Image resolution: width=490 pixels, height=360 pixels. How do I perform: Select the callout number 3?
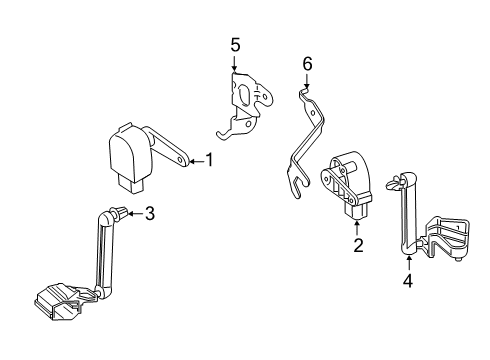[149, 212]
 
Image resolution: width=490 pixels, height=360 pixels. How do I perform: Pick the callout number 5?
[235, 45]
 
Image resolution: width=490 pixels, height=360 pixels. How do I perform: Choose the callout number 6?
[307, 64]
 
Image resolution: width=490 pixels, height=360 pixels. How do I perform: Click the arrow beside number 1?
[196, 159]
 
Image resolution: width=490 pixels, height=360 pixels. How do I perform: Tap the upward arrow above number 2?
[357, 225]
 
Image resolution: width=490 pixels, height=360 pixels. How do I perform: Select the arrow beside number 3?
[136, 212]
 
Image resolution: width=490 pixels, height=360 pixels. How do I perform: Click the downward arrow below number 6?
[307, 82]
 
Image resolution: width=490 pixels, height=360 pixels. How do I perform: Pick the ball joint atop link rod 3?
[118, 212]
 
